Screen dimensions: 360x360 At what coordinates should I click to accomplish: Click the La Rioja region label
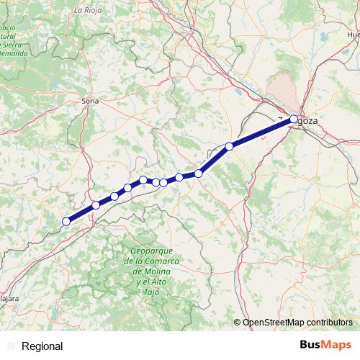point(88,11)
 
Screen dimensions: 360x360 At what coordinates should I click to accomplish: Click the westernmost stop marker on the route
point(66,222)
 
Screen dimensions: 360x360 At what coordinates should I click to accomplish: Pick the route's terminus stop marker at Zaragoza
point(294,120)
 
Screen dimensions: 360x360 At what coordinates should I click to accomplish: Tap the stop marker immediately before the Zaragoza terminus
point(229,147)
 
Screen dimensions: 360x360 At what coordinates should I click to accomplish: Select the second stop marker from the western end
point(96,206)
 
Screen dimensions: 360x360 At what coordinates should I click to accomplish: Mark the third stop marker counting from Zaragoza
point(199,173)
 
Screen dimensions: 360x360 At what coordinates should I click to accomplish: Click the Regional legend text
point(42,346)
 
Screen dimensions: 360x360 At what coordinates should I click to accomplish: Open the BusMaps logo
point(326,346)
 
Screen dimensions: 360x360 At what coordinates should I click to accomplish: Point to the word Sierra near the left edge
point(12,45)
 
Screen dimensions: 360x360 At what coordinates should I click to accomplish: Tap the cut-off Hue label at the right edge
point(353,34)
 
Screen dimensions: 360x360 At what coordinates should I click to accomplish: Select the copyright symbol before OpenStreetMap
point(238,323)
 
